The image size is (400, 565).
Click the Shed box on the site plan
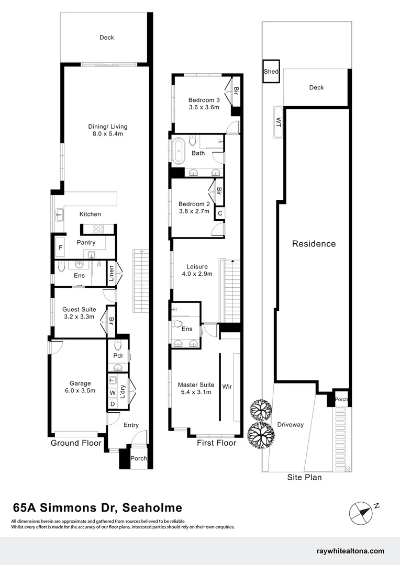pyautogui.click(x=271, y=72)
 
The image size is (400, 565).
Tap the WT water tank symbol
pyautogui.click(x=278, y=122)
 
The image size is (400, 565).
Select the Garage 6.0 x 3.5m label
pyautogui.click(x=76, y=387)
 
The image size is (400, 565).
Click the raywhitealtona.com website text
pyautogui.click(x=351, y=551)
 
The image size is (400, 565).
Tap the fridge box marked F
pyautogui.click(x=60, y=247)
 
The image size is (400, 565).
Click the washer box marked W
pyautogui.click(x=113, y=393)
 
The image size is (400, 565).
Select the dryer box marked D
pyautogui.click(x=113, y=403)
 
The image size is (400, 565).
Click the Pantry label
pyautogui.click(x=86, y=243)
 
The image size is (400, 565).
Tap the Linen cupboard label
pyautogui.click(x=111, y=274)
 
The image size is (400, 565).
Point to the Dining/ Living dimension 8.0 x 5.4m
pyautogui.click(x=107, y=134)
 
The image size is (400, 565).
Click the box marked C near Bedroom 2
pyautogui.click(x=220, y=213)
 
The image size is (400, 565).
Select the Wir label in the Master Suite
pyautogui.click(x=227, y=387)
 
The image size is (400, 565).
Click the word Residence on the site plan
pyautogui.click(x=314, y=244)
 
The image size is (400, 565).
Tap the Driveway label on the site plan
pyautogui.click(x=290, y=424)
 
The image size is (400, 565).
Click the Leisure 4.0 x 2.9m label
pyautogui.click(x=195, y=270)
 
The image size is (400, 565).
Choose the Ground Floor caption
pyautogui.click(x=76, y=443)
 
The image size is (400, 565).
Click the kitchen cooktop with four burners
pyautogui.click(x=98, y=229)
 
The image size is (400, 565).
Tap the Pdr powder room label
pyautogui.click(x=117, y=356)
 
